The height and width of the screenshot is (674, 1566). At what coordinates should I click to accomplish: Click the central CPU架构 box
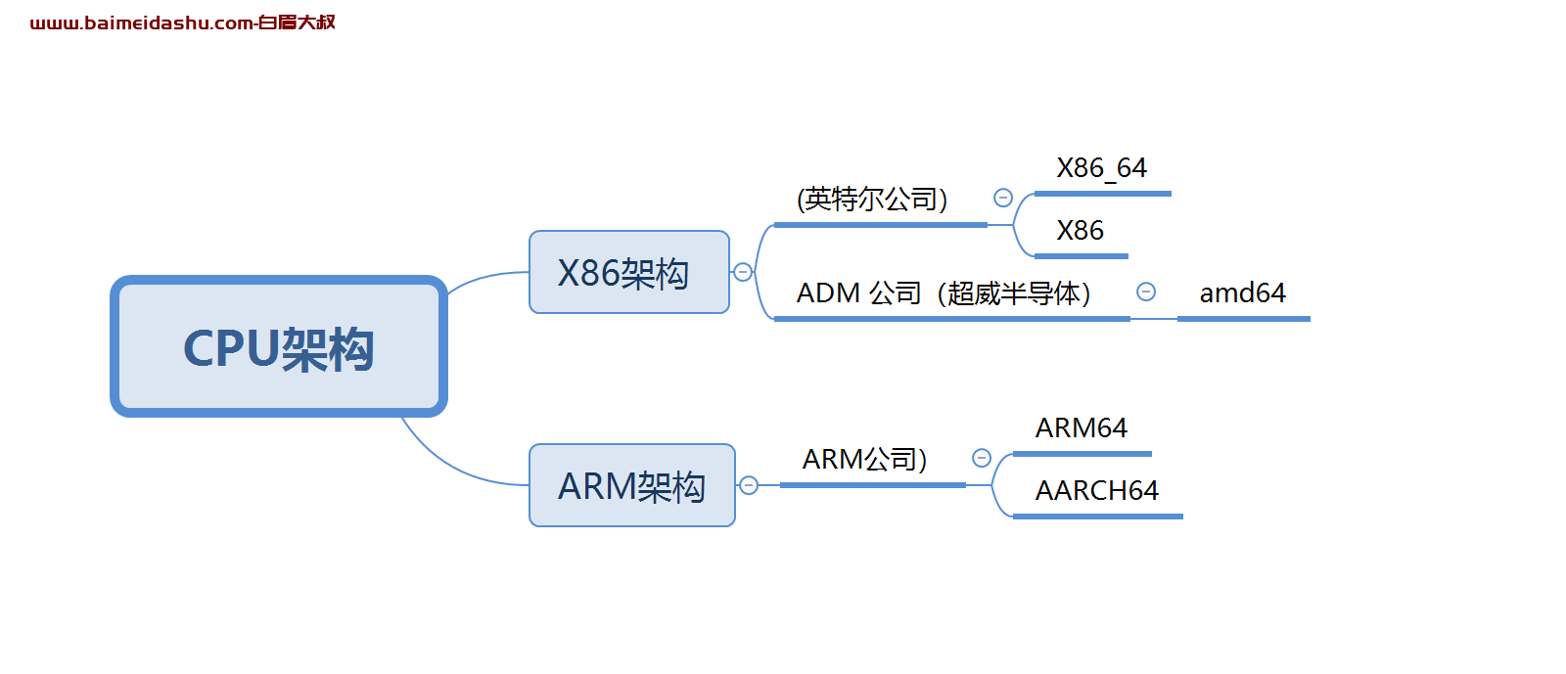[279, 346]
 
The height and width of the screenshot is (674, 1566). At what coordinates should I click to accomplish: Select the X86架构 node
[629, 272]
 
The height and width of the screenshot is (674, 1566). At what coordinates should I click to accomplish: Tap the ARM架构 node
[632, 485]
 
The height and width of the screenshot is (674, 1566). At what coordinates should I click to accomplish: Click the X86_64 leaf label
[1101, 167]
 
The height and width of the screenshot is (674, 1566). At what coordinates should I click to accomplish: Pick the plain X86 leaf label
[1081, 231]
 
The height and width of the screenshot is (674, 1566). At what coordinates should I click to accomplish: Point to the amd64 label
[1242, 293]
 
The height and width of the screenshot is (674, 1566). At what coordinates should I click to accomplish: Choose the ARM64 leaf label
[1081, 427]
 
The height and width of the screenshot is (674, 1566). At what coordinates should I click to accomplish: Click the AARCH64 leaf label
[1096, 490]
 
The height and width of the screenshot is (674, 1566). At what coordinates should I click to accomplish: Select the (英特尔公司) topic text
[872, 199]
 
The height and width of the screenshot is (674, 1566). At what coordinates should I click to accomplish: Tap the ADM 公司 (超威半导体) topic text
[944, 293]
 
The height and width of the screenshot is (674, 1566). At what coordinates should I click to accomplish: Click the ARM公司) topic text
[864, 460]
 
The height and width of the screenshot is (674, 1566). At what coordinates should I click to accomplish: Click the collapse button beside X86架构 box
[743, 272]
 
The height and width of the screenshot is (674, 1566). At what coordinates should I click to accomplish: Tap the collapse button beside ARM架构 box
[749, 485]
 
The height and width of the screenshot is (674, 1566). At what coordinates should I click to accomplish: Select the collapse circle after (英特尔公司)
[1003, 198]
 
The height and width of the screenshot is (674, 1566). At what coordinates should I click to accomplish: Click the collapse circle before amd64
[1146, 292]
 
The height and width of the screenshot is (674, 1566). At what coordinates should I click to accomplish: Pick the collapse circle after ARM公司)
[982, 458]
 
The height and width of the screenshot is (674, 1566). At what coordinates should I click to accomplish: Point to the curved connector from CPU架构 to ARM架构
[451, 467]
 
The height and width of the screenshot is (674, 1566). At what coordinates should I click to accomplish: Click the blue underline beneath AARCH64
[1097, 517]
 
